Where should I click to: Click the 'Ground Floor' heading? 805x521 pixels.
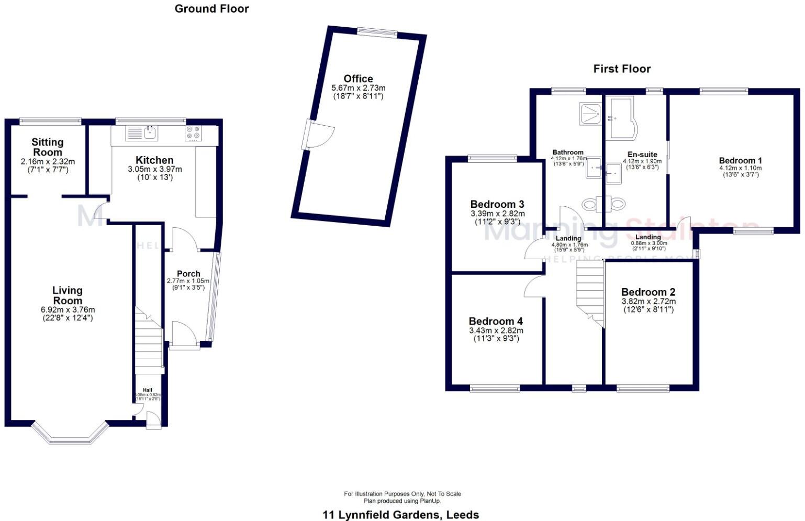click(x=211, y=9)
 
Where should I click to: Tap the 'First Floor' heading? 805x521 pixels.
click(x=622, y=69)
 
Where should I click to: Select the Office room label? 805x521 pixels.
click(x=358, y=79)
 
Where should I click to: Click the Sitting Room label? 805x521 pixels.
click(x=48, y=147)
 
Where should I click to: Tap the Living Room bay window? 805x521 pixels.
click(x=70, y=435)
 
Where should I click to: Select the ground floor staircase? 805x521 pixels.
click(x=149, y=343)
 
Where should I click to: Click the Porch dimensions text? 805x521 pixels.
click(x=188, y=284)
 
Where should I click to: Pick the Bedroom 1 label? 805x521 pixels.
click(x=740, y=161)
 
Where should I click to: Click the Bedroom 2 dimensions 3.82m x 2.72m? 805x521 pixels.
click(x=648, y=302)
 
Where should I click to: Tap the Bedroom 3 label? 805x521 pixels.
click(x=497, y=204)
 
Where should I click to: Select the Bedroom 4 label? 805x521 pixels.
click(x=496, y=321)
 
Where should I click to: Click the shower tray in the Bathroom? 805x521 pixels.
click(x=590, y=113)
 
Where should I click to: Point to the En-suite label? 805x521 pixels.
click(x=642, y=154)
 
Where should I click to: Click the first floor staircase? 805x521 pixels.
click(x=590, y=291)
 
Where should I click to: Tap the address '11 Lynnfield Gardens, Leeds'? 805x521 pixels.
click(x=400, y=515)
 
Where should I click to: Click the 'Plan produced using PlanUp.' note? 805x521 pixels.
click(x=403, y=501)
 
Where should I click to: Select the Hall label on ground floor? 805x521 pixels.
click(x=148, y=390)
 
